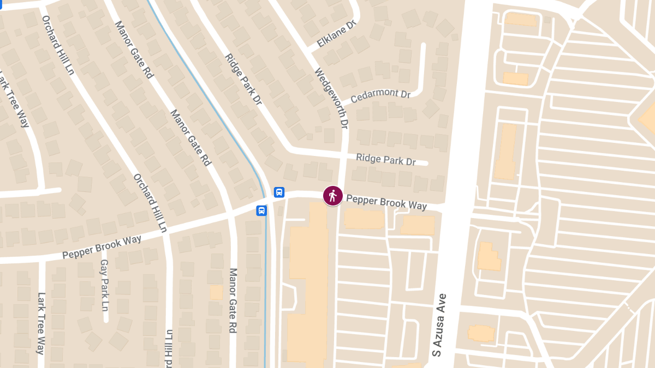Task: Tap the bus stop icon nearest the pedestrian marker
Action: pyautogui.click(x=279, y=192)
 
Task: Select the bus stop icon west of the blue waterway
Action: pyautogui.click(x=261, y=210)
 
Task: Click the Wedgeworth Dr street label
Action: pyautogui.click(x=331, y=98)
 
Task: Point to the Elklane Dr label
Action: pyautogui.click(x=336, y=34)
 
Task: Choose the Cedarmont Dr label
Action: pyautogui.click(x=380, y=95)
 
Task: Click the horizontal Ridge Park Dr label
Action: pyautogui.click(x=385, y=160)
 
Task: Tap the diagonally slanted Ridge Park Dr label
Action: pyautogui.click(x=243, y=87)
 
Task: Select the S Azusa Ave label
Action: pyautogui.click(x=439, y=325)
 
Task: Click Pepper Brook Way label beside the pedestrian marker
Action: pyautogui.click(x=386, y=202)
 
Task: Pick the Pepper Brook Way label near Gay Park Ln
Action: pyautogui.click(x=102, y=247)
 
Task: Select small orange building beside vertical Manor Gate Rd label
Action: pyautogui.click(x=217, y=292)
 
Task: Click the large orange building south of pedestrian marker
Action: pyautogui.click(x=307, y=283)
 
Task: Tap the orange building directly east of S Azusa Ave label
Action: pyautogui.click(x=481, y=332)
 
